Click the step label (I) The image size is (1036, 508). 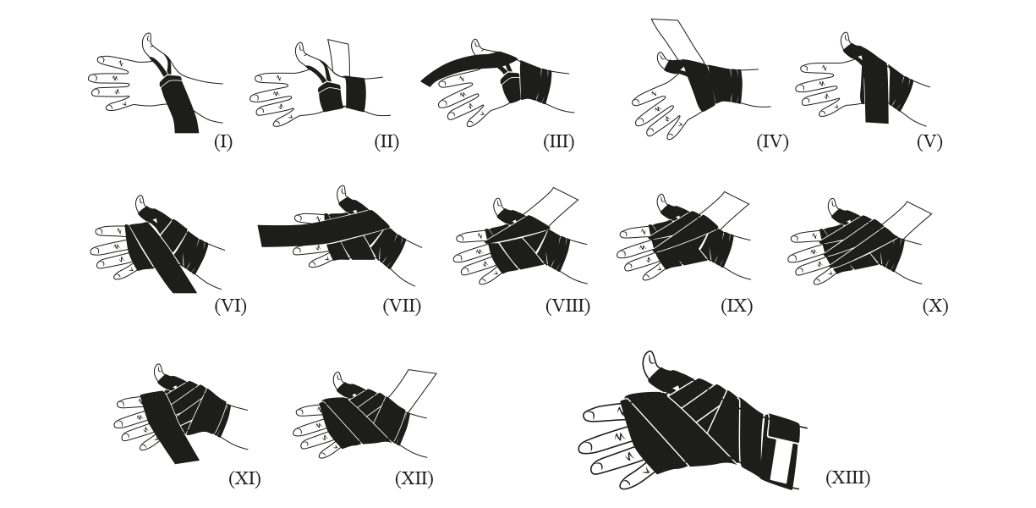[223, 141]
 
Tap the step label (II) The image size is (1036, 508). [386, 141]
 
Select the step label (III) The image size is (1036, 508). [559, 141]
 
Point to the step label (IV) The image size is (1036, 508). [772, 141]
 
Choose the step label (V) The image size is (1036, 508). [929, 141]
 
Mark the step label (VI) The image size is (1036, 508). [230, 306]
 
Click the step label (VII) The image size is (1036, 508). [402, 306]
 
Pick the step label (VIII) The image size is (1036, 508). [568, 306]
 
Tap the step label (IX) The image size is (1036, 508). [737, 306]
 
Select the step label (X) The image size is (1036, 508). [935, 306]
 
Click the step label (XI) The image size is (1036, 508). [244, 478]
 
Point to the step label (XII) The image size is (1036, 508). [414, 478]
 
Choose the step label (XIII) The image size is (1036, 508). [847, 478]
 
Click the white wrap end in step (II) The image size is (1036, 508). [339, 58]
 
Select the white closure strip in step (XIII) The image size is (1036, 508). [781, 461]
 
